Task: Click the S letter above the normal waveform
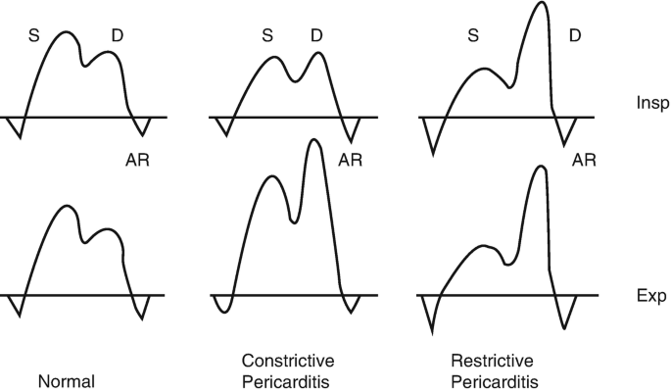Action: tap(32, 36)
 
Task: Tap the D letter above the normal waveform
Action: tap(117, 36)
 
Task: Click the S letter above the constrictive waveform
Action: tap(267, 36)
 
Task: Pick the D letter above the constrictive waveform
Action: tap(316, 36)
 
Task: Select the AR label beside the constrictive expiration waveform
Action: tap(351, 159)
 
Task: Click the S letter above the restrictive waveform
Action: tap(473, 36)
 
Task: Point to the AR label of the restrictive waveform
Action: tap(584, 159)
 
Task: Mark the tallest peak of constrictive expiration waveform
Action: tap(313, 141)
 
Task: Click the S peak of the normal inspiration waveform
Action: tap(65, 32)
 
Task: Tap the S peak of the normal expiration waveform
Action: tap(66, 207)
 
